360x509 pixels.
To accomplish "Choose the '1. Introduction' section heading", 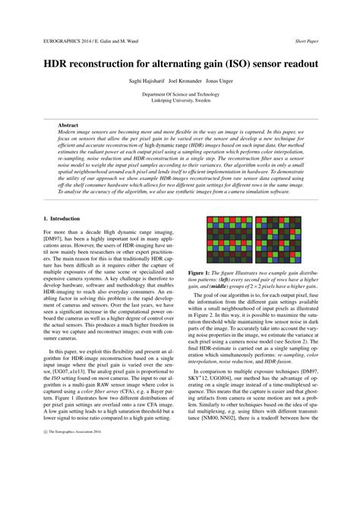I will pyautogui.click(x=65, y=219).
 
